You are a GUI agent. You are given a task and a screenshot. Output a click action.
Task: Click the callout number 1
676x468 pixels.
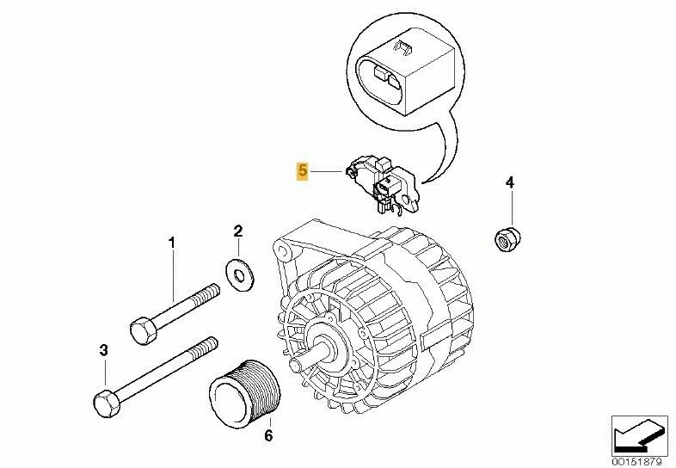click(x=172, y=243)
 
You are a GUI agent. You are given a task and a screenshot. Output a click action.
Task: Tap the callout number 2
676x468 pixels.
click(x=238, y=231)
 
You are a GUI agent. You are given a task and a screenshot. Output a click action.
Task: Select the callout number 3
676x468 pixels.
click(x=103, y=351)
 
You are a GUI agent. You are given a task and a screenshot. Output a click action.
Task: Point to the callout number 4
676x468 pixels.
click(x=510, y=183)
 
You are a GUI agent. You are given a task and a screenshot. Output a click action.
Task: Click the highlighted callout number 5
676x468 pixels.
click(x=302, y=171)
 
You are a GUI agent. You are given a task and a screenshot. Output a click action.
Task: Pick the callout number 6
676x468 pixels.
click(x=268, y=436)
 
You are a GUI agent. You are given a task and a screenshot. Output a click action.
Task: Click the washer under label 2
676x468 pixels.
click(x=240, y=274)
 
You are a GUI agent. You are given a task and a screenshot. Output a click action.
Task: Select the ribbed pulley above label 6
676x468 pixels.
click(x=245, y=390)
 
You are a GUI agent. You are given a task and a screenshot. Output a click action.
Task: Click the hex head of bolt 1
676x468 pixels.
click(x=144, y=330)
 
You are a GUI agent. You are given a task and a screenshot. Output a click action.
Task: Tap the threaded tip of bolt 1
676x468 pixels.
click(x=209, y=292)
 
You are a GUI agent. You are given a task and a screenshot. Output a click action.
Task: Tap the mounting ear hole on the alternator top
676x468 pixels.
click(x=282, y=250)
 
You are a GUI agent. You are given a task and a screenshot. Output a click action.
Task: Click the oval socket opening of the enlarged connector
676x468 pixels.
click(x=381, y=83)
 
